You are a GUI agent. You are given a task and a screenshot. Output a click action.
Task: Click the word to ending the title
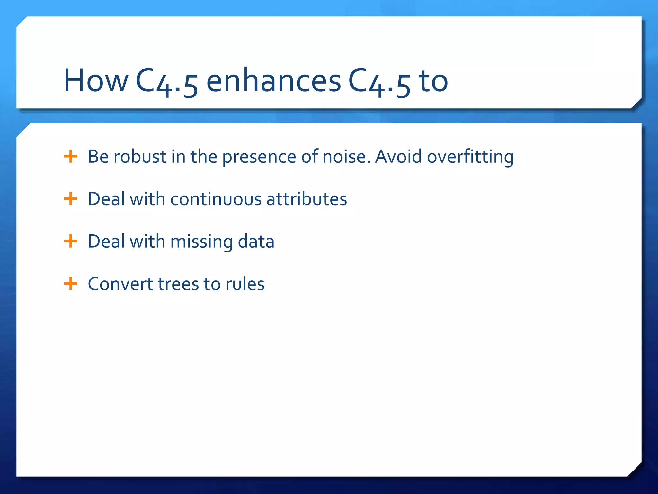[x=433, y=81]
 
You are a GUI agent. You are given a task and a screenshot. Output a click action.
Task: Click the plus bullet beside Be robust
[x=71, y=157]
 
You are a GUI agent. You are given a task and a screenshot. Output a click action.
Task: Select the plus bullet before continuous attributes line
[x=71, y=199]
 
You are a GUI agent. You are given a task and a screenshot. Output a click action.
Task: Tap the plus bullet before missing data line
[x=71, y=241]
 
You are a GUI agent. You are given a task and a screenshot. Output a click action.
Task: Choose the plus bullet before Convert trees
[x=71, y=284]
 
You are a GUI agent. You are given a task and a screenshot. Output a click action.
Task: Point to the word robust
[x=140, y=157]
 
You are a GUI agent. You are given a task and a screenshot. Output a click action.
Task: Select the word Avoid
[x=398, y=157]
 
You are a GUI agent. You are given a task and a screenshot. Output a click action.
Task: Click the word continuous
[x=216, y=199]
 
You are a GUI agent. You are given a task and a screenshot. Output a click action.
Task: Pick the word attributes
[x=307, y=199]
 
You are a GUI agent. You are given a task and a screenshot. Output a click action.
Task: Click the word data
[x=256, y=242]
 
